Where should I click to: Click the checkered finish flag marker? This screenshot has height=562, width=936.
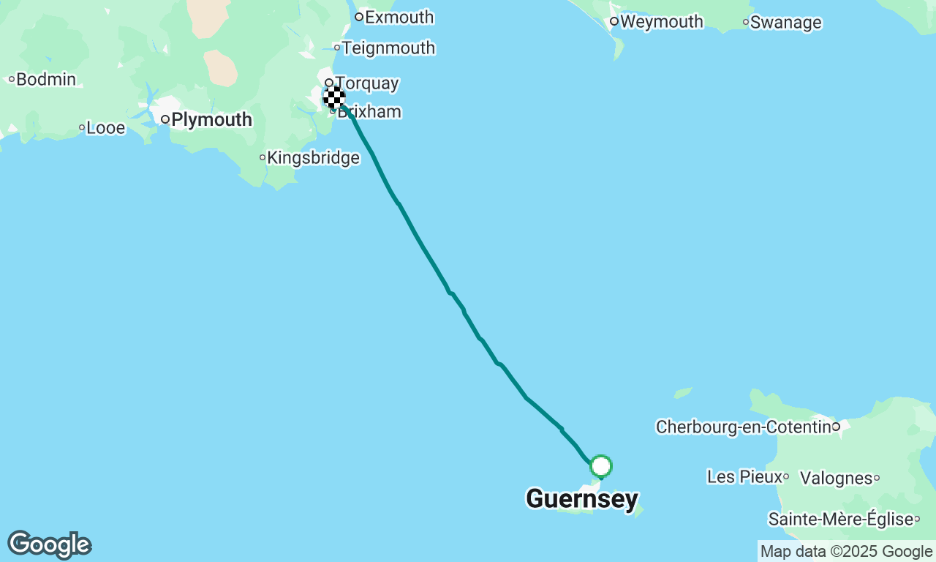tap(334, 97)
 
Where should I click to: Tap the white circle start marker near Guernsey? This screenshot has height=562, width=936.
tap(601, 466)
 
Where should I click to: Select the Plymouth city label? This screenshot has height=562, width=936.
tap(211, 119)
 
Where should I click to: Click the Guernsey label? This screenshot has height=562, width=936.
tap(582, 499)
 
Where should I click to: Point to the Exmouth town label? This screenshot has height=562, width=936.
tap(399, 17)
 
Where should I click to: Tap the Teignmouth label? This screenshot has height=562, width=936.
tap(388, 48)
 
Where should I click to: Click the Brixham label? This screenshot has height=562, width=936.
tap(373, 112)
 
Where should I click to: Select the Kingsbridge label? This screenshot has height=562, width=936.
tap(314, 157)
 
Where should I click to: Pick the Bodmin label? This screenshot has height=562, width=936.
tap(46, 79)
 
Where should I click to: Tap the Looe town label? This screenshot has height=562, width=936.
tap(106, 128)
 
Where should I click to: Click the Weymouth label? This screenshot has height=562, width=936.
tap(661, 22)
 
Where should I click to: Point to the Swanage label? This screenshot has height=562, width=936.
tap(785, 23)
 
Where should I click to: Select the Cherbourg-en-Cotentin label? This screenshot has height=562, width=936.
tap(743, 427)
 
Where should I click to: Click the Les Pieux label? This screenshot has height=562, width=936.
tap(742, 477)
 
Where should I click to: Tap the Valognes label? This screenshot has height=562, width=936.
tap(836, 479)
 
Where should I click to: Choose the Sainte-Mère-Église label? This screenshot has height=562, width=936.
tap(839, 520)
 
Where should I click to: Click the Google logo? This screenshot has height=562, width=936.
tap(49, 544)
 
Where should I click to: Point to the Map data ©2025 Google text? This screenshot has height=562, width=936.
tap(846, 552)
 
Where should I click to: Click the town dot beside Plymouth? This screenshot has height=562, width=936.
tap(166, 119)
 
